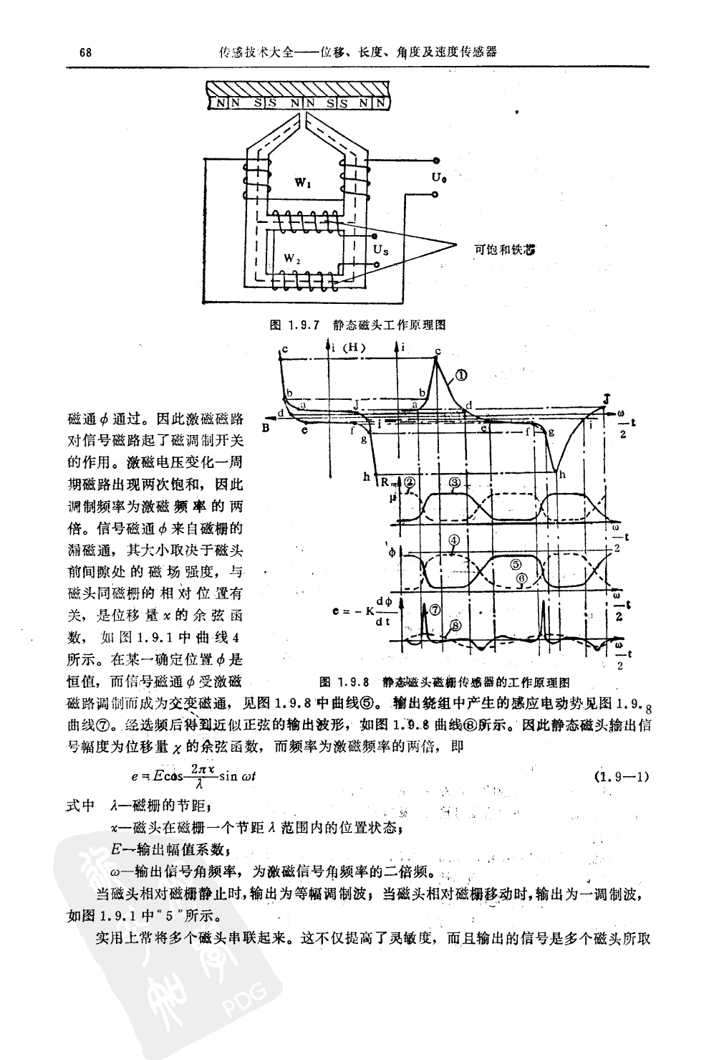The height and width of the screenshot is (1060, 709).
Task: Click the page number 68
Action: click(x=84, y=52)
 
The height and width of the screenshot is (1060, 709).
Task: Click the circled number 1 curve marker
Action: click(x=461, y=375)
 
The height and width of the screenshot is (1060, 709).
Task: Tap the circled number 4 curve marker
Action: click(x=455, y=539)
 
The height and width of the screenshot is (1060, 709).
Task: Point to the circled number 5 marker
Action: click(x=514, y=564)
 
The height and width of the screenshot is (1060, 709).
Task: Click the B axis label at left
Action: click(x=266, y=429)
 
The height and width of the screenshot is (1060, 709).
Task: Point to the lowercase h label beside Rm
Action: click(x=367, y=477)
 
